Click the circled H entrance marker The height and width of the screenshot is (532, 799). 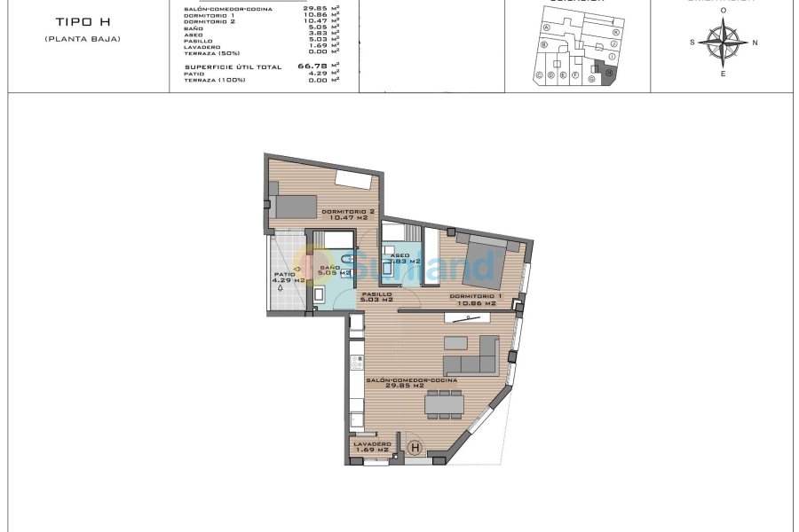pos(415,449)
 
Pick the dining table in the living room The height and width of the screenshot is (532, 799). pos(444,403)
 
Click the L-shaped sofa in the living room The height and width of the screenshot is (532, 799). pos(471,357)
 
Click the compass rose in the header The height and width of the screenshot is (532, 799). pos(723,41)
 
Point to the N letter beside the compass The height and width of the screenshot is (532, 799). pos(755,42)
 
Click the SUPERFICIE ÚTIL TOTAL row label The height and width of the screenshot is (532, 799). pos(233,66)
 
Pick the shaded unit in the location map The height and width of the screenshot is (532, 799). pos(608,75)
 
